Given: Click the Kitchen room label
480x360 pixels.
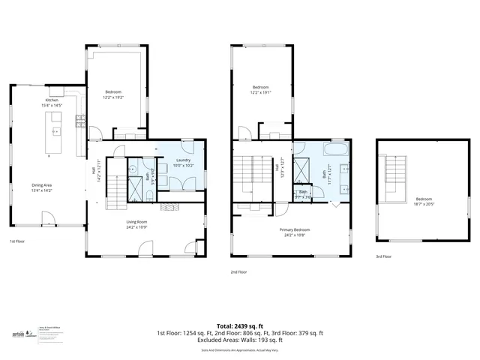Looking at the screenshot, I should coord(52,100).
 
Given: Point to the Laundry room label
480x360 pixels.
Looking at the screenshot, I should coord(183,160).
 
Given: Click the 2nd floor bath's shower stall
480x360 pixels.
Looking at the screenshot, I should coord(304,167).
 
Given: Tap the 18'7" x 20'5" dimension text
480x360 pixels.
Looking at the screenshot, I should coord(424,204).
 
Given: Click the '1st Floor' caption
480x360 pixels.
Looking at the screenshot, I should coord(17,241).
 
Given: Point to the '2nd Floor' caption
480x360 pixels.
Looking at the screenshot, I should coord(239,271).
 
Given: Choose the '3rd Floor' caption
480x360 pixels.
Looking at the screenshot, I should coord(383,256).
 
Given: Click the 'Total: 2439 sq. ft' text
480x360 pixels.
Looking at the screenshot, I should coord(239,326).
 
